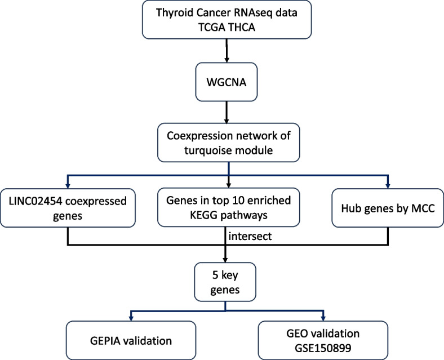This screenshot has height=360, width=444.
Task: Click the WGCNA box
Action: pyautogui.click(x=227, y=82)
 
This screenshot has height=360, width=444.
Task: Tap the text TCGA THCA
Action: pyautogui.click(x=227, y=27)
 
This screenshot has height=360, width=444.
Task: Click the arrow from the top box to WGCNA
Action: pyautogui.click(x=227, y=51)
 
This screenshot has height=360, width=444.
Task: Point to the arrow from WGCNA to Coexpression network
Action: pyautogui.click(x=227, y=112)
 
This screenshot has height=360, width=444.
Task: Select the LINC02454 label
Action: pyautogui.click(x=35, y=201)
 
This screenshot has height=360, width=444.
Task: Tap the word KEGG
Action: pyautogui.click(x=203, y=215)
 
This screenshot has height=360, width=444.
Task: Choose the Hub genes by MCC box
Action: pyautogui.click(x=388, y=208)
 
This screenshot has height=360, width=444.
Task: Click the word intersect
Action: pyautogui.click(x=250, y=236)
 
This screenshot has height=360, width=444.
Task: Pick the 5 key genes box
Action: pyautogui.click(x=225, y=282)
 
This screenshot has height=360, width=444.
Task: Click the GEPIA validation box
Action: pyautogui.click(x=131, y=340)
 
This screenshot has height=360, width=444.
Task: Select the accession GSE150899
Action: pyautogui.click(x=323, y=348)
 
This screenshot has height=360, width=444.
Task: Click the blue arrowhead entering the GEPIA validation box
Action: pyautogui.click(x=131, y=318)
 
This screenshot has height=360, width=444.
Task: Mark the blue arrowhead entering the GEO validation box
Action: pyautogui.click(x=323, y=318)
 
